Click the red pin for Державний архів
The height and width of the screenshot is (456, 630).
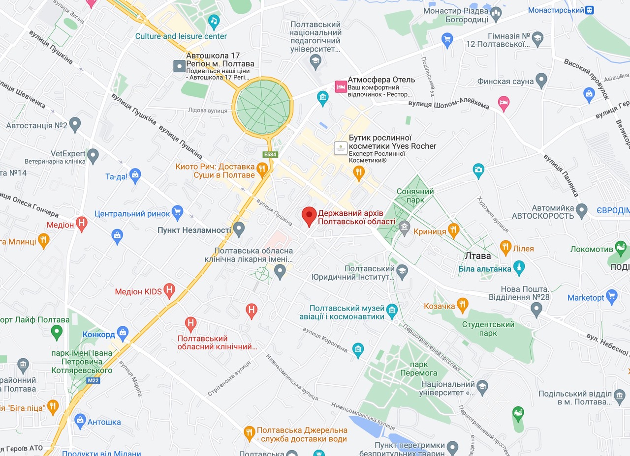(x=309, y=215)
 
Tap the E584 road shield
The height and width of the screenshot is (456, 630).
(x=269, y=155)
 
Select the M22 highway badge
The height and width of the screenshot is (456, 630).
(x=93, y=380)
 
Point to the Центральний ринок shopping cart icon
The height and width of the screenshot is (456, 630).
(x=178, y=213)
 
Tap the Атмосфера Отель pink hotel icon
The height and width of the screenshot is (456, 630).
(x=340, y=86)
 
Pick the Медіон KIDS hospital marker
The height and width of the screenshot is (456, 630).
(x=169, y=290)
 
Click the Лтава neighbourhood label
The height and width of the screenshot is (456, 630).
(x=478, y=256)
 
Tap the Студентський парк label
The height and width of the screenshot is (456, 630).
(x=488, y=329)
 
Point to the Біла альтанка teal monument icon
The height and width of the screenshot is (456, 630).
(x=519, y=268)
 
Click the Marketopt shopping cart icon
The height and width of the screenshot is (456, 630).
(x=612, y=296)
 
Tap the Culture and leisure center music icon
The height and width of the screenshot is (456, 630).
(x=213, y=21)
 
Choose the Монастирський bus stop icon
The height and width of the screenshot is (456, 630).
(x=589, y=10)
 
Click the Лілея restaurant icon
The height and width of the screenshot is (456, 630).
(x=505, y=247)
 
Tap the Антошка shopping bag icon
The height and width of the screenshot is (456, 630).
(x=80, y=421)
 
